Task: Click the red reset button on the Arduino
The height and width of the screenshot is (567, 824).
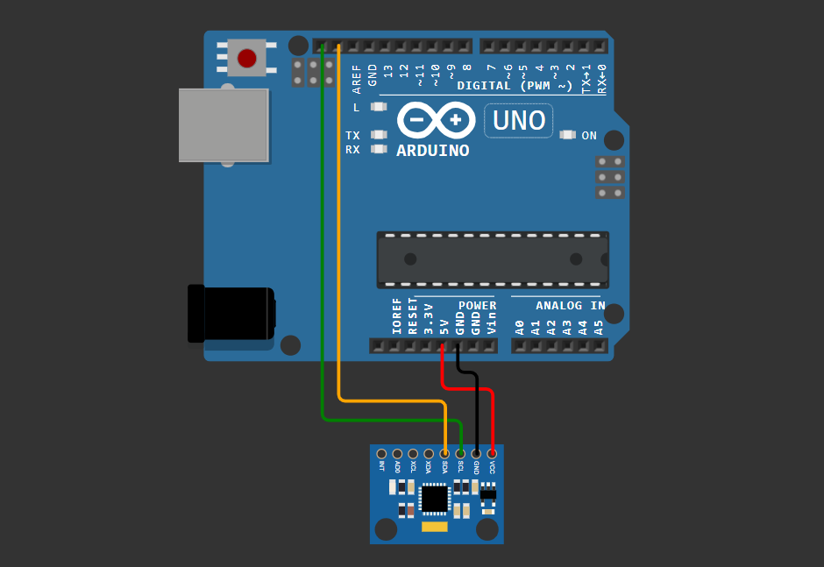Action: tap(247, 58)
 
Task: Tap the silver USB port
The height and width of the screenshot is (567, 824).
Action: tap(224, 124)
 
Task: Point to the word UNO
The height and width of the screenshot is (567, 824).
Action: tap(519, 120)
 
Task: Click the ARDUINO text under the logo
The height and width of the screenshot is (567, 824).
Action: tap(432, 151)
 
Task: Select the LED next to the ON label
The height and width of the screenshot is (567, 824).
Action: tap(567, 135)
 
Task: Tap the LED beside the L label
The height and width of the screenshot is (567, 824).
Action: tap(379, 107)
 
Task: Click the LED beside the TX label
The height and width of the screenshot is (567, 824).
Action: tap(379, 135)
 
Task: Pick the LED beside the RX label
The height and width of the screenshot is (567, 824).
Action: tap(379, 149)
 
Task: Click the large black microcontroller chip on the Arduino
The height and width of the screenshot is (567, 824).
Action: tap(493, 259)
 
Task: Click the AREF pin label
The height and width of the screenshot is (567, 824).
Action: tap(357, 79)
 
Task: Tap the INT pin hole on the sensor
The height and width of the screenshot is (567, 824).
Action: tap(381, 454)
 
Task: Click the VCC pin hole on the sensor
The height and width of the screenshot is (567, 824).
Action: tap(492, 454)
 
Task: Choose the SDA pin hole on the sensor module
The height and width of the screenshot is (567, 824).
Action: tap(444, 454)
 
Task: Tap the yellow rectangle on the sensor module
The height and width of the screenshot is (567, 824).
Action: tap(434, 527)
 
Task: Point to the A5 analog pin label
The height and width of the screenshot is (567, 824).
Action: tap(600, 328)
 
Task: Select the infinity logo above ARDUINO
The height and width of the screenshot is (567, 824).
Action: tap(436, 120)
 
